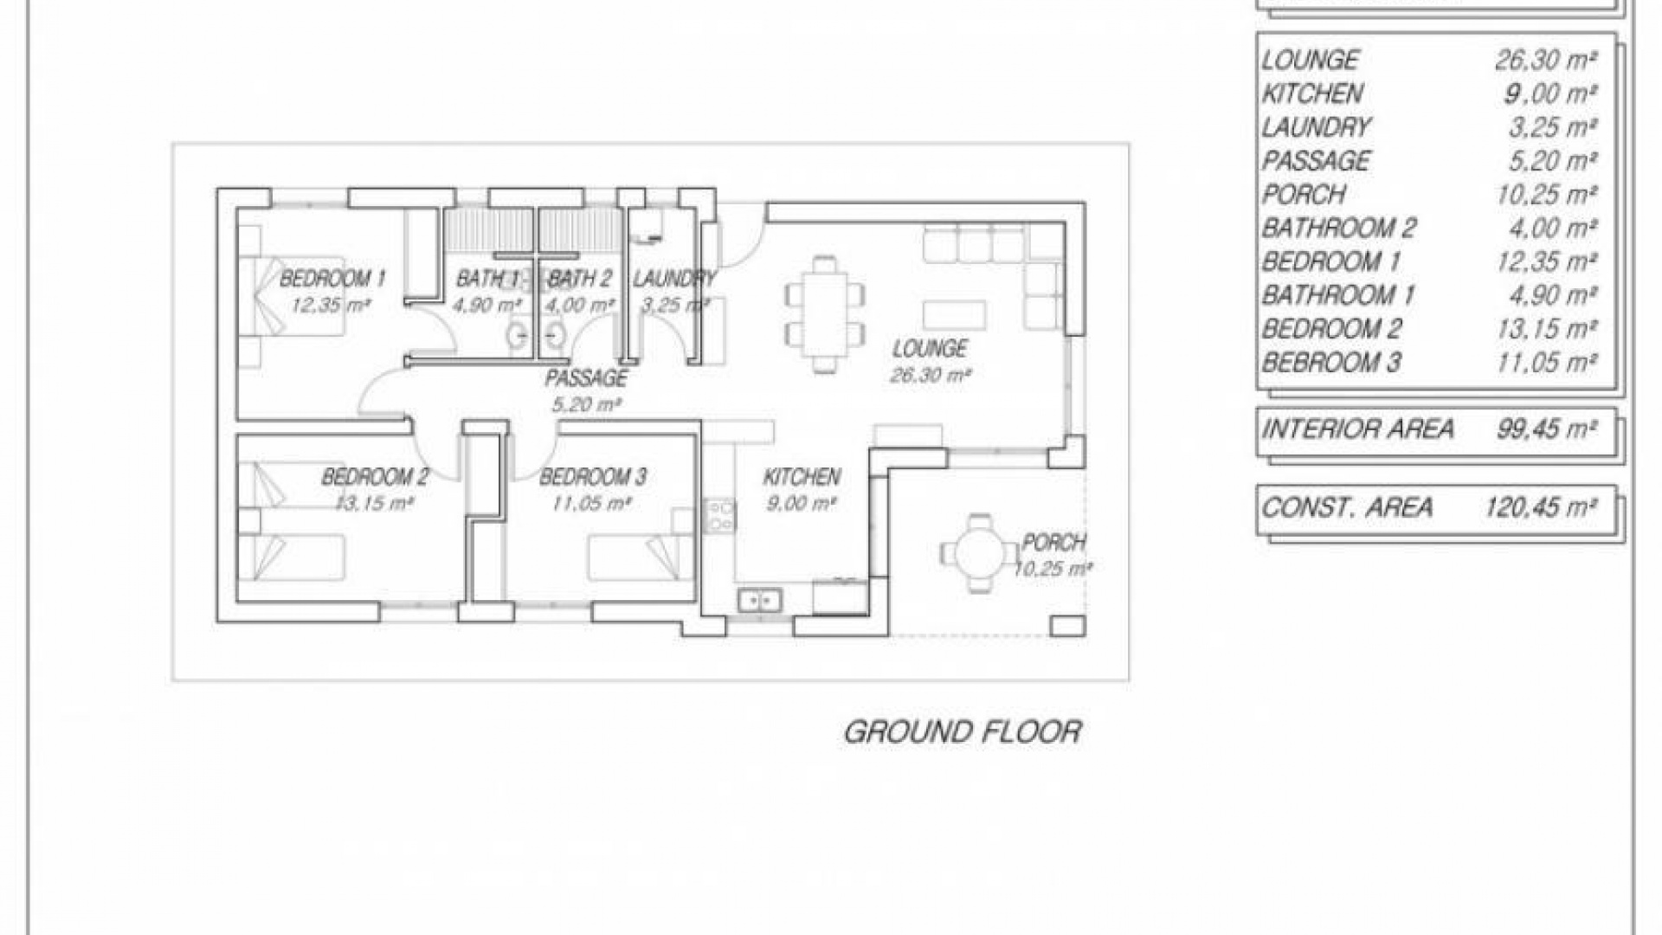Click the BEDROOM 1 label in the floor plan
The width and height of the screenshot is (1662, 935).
point(332,279)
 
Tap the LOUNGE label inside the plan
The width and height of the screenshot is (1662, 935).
point(930,349)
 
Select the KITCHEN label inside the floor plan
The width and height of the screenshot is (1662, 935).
point(802,477)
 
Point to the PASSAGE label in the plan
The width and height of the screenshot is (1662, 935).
point(586,378)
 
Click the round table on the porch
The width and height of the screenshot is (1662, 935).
point(979,551)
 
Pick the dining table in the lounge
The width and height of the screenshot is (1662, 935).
point(825,313)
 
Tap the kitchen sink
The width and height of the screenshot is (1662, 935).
point(760,599)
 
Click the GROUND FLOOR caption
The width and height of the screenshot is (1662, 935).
point(963,732)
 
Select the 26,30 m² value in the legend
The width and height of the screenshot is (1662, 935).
point(1546,60)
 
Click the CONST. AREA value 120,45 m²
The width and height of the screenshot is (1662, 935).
point(1541,506)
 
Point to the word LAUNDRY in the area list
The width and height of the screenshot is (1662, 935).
point(1316,127)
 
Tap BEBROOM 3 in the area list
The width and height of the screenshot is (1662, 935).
point(1330,362)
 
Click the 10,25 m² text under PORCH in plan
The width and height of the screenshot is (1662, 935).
point(1053,569)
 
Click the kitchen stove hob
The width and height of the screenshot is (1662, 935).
point(720,516)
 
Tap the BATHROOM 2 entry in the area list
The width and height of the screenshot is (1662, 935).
point(1338,228)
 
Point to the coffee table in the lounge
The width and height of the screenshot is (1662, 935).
point(955,315)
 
